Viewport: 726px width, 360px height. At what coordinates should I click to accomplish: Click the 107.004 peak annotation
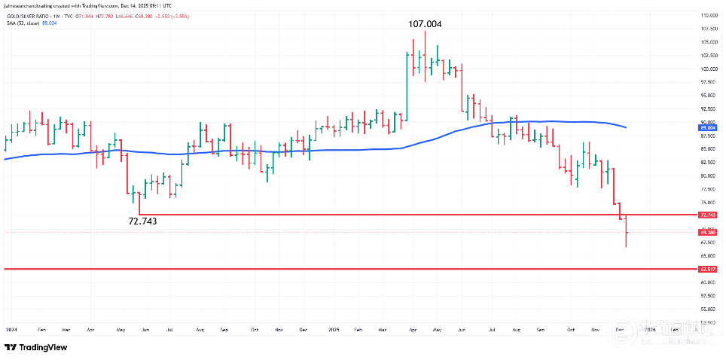tap(425, 24)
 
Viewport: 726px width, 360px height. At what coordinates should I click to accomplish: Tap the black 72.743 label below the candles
tap(144, 221)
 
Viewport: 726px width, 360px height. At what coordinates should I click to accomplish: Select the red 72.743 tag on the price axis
tap(707, 215)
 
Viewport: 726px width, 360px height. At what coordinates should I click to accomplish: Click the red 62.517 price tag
tap(707, 269)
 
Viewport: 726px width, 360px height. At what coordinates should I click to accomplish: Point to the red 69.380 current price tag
tap(707, 232)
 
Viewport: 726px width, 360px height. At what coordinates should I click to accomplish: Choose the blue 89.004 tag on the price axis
tap(707, 128)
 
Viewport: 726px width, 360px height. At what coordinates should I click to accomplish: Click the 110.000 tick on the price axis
tap(707, 15)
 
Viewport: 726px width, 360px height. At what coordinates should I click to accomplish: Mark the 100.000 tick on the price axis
tap(707, 69)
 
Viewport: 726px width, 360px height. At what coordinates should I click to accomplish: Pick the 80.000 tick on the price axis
tap(707, 175)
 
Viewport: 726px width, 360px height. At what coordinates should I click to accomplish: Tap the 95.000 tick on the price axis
tap(707, 96)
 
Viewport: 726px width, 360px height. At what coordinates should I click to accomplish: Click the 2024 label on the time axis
tap(11, 330)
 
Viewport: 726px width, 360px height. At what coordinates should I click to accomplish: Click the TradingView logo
tap(36, 347)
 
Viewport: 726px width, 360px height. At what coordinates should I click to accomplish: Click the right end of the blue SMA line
tap(627, 127)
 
